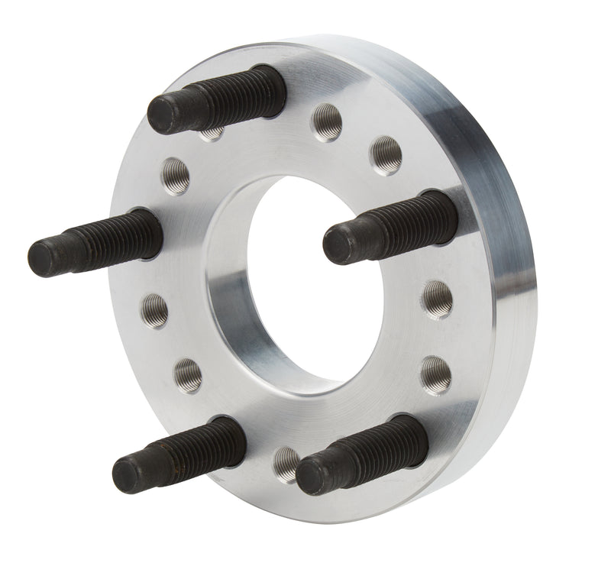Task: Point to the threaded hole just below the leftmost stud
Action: [155, 309]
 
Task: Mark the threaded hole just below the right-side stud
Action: [438, 296]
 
